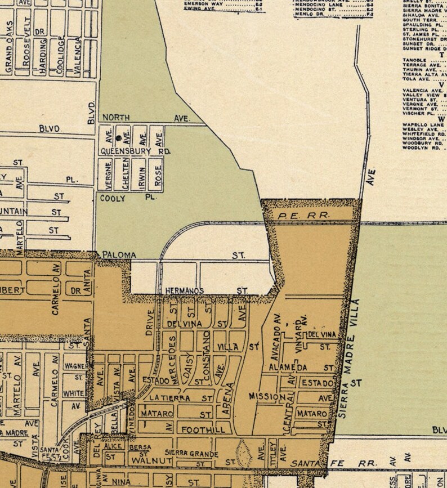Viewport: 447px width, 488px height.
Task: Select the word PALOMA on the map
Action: click(119, 255)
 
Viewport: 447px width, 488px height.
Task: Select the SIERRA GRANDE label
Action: click(191, 453)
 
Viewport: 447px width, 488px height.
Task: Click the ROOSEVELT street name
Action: click(26, 49)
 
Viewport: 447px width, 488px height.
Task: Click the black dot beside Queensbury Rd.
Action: click(118, 137)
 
